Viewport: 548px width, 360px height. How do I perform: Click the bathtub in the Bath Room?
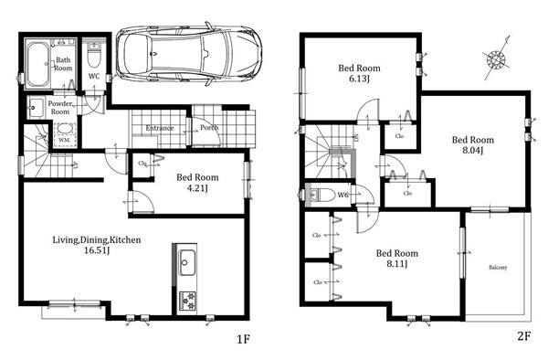37,64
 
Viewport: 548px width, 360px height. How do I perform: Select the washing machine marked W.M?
65,134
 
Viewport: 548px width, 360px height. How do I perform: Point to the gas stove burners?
187,301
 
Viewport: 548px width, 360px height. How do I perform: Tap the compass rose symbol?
496,58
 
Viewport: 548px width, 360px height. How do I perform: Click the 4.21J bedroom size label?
198,188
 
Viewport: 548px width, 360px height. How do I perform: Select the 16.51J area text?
97,250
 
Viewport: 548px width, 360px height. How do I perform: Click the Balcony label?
498,268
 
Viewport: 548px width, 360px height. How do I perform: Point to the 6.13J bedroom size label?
359,79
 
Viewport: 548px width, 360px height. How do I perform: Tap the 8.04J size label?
473,151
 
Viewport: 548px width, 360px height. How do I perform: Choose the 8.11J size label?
397,264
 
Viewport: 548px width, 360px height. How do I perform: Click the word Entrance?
160,128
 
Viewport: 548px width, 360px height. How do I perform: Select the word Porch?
209,128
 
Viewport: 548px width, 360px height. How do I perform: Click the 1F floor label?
243,339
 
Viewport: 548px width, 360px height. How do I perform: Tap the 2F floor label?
523,336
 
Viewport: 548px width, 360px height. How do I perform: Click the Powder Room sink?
36,107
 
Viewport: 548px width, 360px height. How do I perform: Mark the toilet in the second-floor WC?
320,195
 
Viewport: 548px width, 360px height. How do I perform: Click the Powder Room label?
60,108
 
